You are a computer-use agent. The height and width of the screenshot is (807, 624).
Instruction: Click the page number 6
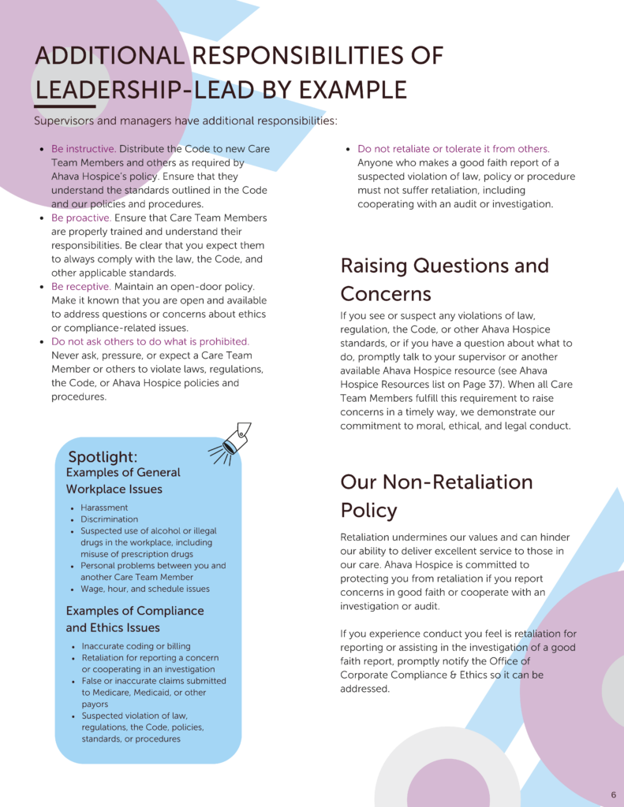coord(613,794)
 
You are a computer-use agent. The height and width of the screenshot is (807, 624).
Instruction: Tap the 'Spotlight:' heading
coord(103,457)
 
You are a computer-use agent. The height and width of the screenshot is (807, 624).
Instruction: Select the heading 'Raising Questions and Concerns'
coord(444,280)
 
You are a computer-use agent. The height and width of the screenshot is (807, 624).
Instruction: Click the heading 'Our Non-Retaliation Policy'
coord(436,496)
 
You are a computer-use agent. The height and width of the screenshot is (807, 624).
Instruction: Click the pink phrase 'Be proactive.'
coord(81,218)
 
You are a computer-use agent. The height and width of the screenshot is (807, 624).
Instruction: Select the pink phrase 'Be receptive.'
coord(81,287)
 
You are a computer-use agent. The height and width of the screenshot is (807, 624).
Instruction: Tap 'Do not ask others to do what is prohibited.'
coord(150,342)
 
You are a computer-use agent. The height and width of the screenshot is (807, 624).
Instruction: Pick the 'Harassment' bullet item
coord(104,508)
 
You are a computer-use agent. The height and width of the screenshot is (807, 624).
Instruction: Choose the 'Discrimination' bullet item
coord(109,519)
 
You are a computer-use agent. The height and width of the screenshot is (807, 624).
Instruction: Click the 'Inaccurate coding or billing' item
coord(136,646)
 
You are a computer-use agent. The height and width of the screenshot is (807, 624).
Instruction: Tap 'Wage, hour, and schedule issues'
coord(144,589)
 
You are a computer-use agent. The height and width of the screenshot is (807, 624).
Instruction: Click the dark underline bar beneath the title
coord(65,106)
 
